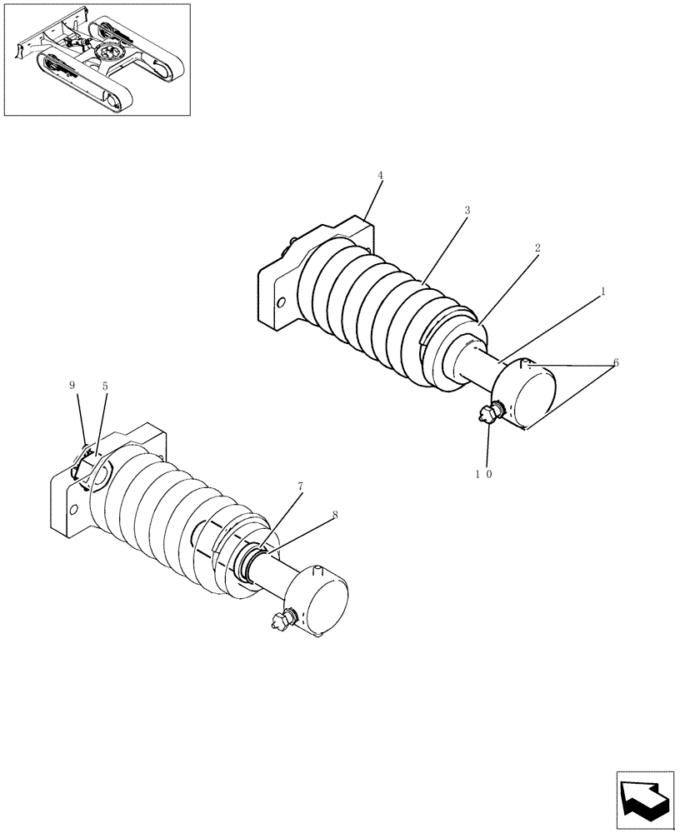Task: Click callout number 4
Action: [x=380, y=176]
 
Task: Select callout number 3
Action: [x=467, y=211]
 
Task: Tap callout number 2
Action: [x=537, y=248]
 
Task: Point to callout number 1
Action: [x=602, y=292]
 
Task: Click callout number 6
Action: [x=615, y=362]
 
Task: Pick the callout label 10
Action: [x=484, y=474]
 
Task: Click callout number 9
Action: [x=72, y=386]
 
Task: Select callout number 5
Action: [x=105, y=386]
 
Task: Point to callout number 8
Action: [x=335, y=515]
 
